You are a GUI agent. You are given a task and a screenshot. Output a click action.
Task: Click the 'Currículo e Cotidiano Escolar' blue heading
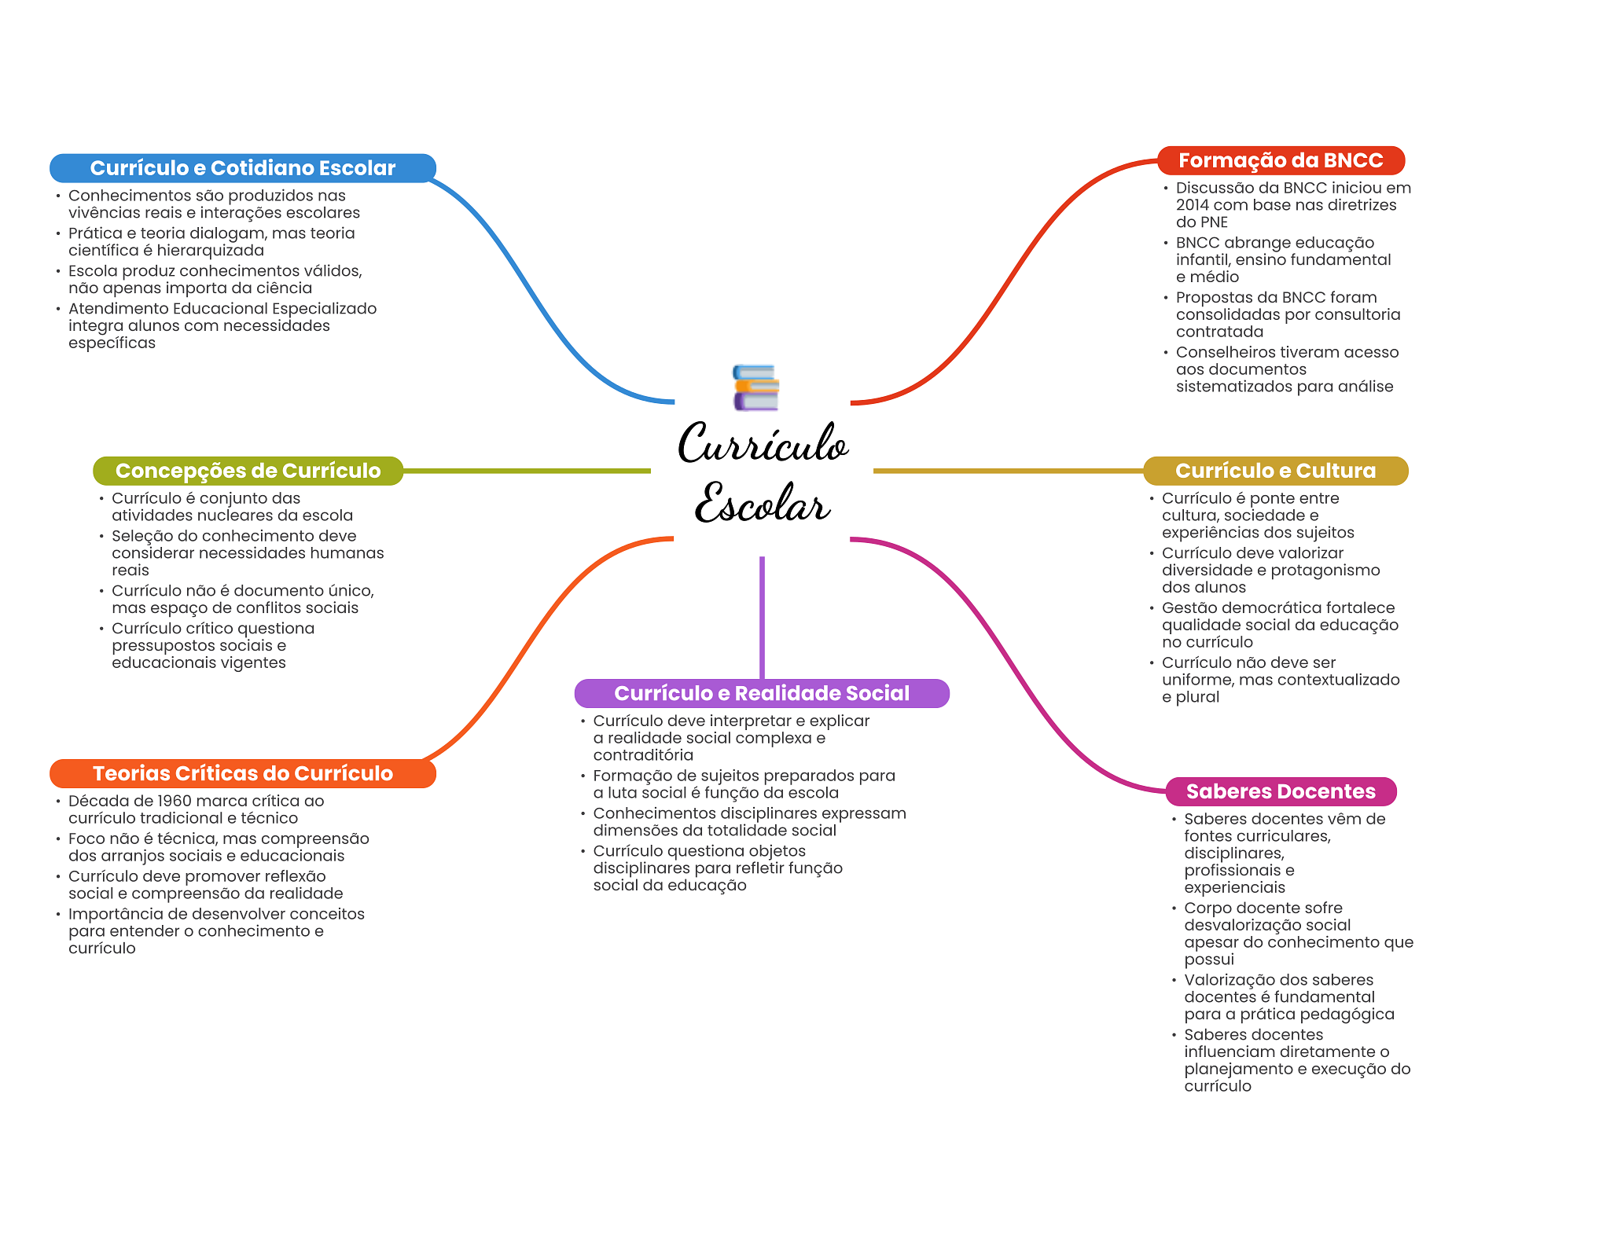[x=242, y=168]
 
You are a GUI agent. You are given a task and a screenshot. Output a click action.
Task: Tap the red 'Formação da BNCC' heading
[x=1280, y=160]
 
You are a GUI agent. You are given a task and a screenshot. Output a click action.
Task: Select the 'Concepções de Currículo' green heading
[x=248, y=471]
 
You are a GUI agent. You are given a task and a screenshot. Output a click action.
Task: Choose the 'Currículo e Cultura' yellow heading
[x=1275, y=471]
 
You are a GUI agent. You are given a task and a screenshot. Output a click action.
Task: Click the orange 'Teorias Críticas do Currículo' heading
[x=242, y=773]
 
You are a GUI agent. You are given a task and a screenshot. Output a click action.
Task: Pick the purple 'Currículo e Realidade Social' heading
[x=761, y=693]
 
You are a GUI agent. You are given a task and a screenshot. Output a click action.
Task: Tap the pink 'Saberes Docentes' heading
[x=1280, y=791]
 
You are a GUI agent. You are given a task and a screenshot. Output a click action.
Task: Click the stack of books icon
[x=755, y=387]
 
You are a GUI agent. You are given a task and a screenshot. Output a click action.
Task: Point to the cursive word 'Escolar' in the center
[x=762, y=503]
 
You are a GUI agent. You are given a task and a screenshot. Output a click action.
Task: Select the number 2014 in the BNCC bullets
[x=1193, y=205]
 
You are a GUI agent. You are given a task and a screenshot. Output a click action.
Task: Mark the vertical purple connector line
[x=762, y=617]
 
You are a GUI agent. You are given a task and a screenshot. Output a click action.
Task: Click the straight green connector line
[x=527, y=471]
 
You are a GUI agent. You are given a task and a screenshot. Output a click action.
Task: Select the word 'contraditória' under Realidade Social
[x=643, y=755]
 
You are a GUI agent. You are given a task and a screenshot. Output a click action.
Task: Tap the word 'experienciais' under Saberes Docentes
[x=1234, y=887]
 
